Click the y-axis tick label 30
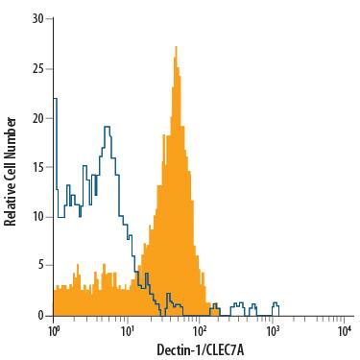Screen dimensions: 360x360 click(36, 18)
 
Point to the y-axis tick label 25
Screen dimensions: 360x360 click(36, 68)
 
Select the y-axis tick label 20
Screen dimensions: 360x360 click(36, 118)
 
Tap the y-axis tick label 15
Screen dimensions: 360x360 click(36, 167)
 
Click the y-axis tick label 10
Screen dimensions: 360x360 click(36, 217)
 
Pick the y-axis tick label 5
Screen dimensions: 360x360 click(39, 266)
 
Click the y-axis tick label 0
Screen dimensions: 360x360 click(39, 315)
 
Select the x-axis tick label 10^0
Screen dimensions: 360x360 click(54, 329)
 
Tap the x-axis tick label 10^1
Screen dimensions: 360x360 click(127, 329)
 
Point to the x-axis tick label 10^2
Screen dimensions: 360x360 click(200, 329)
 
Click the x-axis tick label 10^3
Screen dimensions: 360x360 click(273, 329)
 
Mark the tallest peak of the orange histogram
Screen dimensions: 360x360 click(176, 47)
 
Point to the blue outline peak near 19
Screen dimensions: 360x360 click(107, 128)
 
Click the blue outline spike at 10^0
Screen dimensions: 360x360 click(55, 99)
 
